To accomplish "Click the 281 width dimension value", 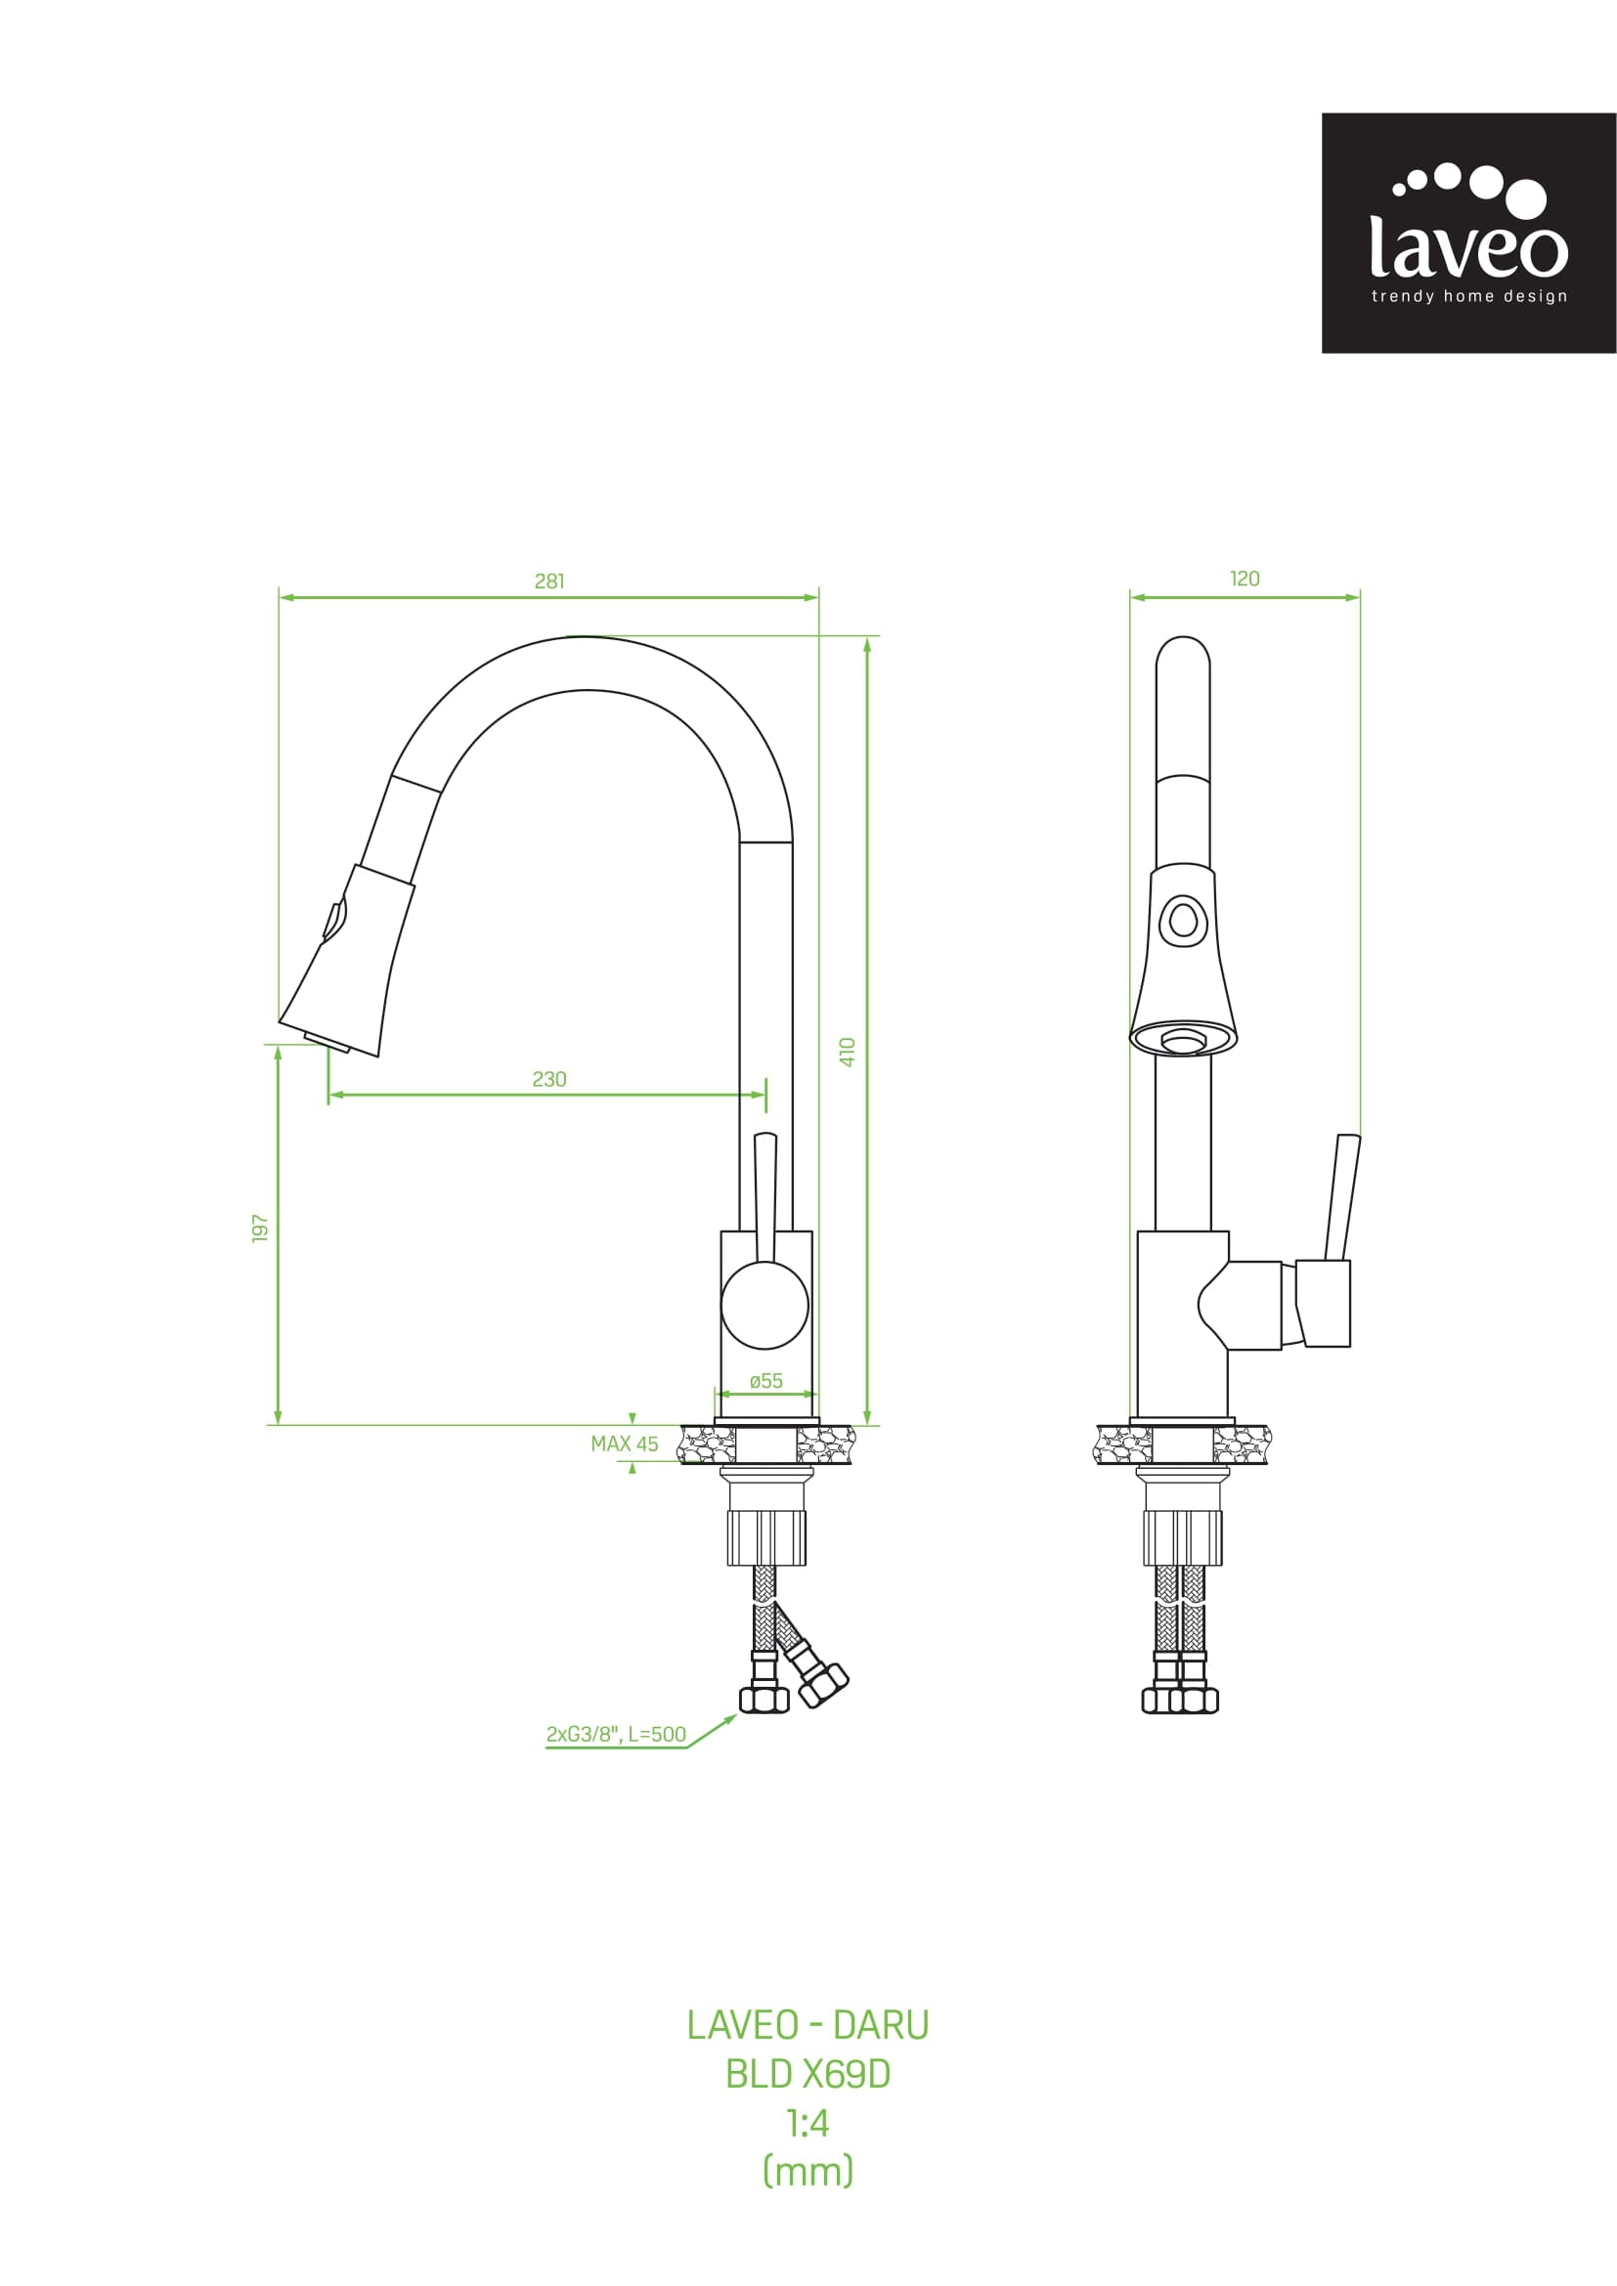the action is [548, 582].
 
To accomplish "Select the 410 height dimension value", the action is [848, 1052].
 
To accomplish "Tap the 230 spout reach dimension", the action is [548, 1079].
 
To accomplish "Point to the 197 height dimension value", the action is [260, 1228].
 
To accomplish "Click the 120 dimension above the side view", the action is [1245, 580].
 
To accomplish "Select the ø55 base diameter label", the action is [765, 1381].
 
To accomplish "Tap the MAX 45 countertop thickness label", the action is [625, 1444].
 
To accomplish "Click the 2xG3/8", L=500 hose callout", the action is [616, 1734].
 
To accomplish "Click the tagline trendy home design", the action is [1468, 296].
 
